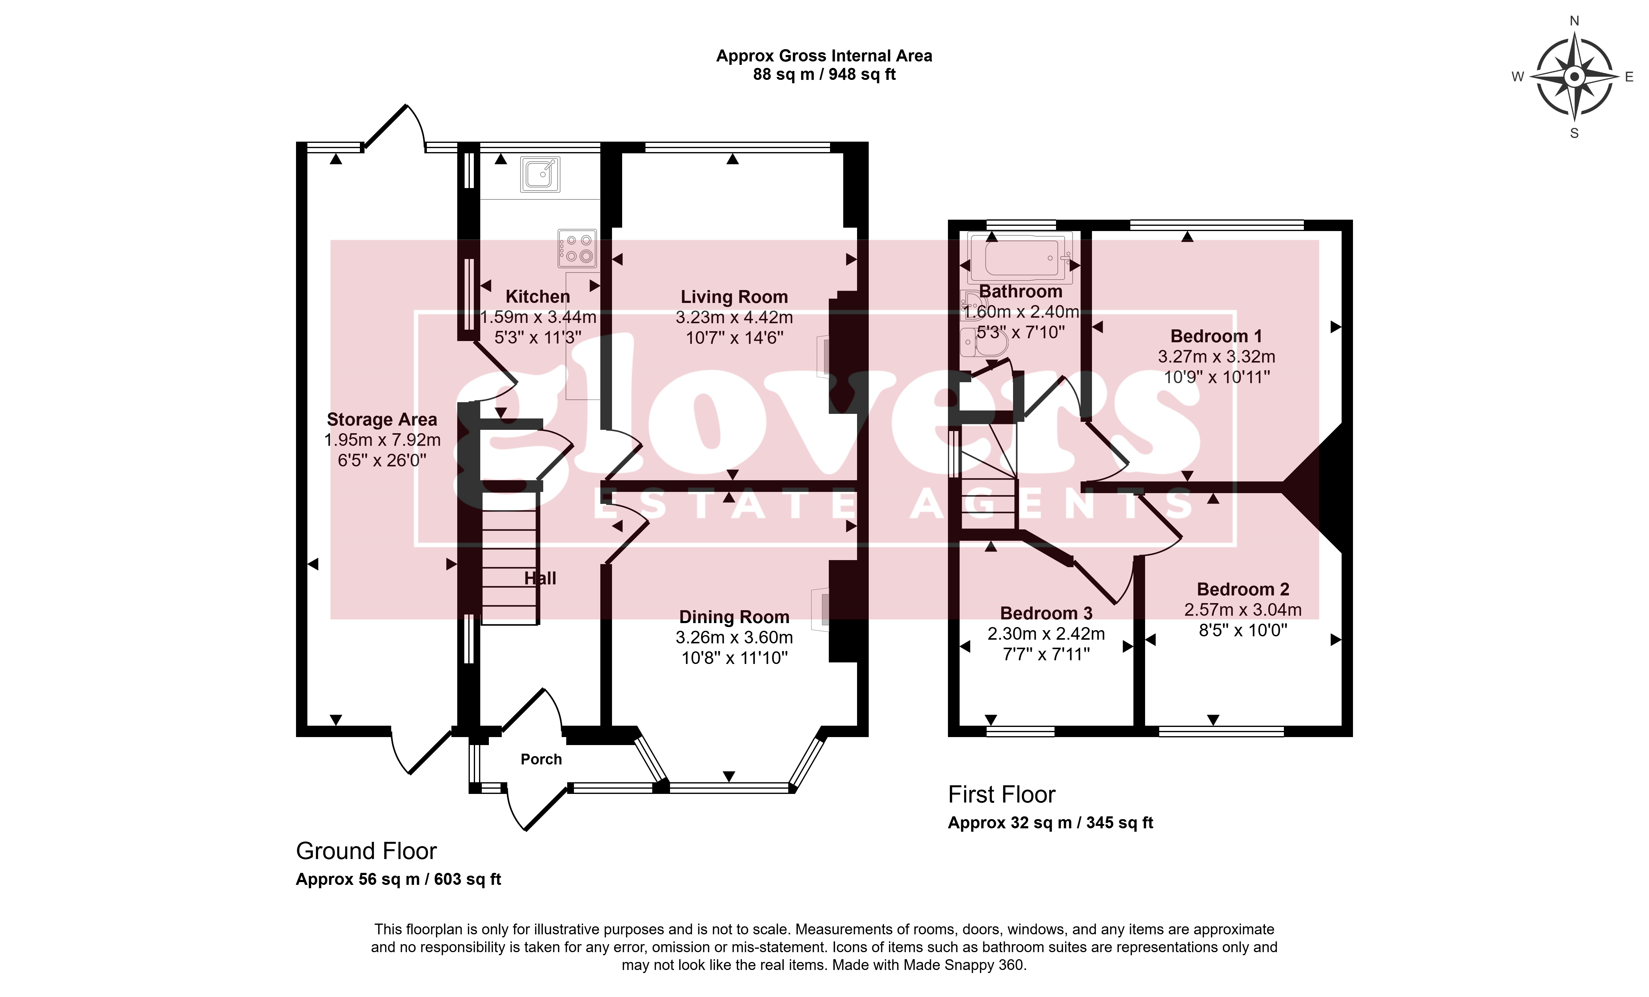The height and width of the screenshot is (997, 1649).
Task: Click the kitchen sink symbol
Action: click(x=540, y=174)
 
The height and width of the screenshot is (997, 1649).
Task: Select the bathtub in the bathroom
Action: click(x=1019, y=257)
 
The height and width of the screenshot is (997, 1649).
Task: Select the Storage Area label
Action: click(x=381, y=420)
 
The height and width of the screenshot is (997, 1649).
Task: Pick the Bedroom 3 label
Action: click(x=1046, y=613)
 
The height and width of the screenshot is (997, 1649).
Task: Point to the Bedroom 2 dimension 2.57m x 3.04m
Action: click(x=1243, y=610)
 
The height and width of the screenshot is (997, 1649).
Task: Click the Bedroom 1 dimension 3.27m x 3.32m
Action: click(x=1217, y=357)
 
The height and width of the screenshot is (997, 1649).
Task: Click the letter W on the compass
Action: click(x=1518, y=77)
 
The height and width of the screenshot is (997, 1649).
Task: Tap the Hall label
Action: click(x=540, y=579)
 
